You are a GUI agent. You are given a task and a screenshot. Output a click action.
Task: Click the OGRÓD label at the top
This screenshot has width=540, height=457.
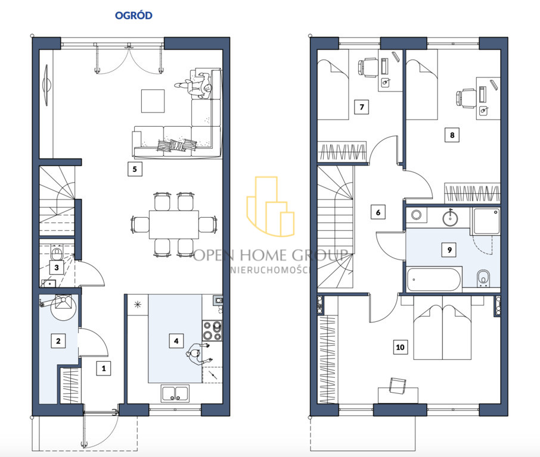[134, 15]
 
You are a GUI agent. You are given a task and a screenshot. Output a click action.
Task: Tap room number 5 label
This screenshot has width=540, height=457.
[135, 169]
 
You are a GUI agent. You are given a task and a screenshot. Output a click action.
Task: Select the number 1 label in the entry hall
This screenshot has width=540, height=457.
[104, 368]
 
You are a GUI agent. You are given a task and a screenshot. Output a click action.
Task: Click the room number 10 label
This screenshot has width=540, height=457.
[400, 347]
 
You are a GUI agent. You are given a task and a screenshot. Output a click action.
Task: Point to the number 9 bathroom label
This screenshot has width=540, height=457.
[449, 250]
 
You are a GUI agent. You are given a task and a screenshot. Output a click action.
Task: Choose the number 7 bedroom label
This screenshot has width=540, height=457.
[362, 107]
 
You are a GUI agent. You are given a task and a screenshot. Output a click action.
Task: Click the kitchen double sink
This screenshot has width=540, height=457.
[175, 393]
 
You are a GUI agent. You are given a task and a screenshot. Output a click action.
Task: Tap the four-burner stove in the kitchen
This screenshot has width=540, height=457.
[212, 330]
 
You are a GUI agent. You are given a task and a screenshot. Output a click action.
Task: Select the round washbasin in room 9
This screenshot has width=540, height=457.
[450, 217]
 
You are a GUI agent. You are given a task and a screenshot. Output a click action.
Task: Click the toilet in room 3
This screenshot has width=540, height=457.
[56, 253]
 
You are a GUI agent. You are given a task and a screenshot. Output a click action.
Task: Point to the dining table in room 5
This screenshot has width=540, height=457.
[174, 224]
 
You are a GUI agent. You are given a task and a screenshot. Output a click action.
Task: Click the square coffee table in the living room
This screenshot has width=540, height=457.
[153, 101]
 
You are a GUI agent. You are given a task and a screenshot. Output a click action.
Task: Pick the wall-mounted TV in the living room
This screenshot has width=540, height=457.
[46, 85]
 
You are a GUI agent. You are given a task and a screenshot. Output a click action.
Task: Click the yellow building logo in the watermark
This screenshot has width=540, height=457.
[271, 206]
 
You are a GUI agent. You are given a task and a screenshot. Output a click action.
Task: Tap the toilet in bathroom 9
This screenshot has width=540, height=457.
[483, 278]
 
